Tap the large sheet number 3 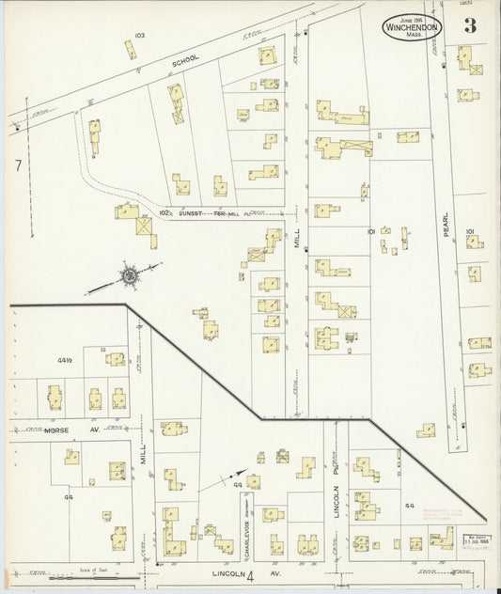pyautogui.click(x=469, y=26)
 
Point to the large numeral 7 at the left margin pyautogui.click(x=18, y=165)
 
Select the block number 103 pyautogui.click(x=139, y=36)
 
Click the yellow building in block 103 pyautogui.click(x=131, y=50)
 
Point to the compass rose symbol pyautogui.click(x=128, y=276)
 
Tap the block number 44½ pyautogui.click(x=65, y=360)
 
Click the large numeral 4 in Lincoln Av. pyautogui.click(x=250, y=574)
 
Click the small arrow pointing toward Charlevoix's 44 pyautogui.click(x=234, y=476)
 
